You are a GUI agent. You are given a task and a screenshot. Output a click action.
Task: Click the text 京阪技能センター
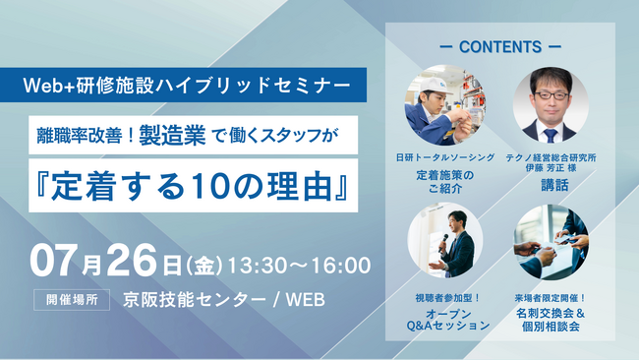coord(185,298)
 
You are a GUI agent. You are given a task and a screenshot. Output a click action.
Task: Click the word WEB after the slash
coord(300,298)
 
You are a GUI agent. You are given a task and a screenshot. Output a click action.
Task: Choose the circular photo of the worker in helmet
coord(443,104)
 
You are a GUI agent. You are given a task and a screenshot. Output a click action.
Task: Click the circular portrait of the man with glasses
coord(550,104)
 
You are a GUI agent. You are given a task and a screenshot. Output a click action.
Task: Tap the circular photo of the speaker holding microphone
coord(444,241)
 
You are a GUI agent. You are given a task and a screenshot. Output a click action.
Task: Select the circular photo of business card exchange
coord(551,241)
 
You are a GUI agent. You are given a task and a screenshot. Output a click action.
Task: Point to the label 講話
coord(550,184)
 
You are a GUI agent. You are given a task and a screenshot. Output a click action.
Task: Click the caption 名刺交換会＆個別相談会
coord(552,318)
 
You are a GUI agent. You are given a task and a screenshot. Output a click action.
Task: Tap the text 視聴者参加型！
coord(444,297)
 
